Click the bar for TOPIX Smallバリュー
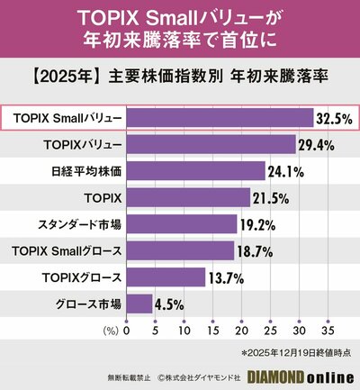[220, 118]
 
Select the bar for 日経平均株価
[195, 171]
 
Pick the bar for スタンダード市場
[181, 224]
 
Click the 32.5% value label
[334, 118]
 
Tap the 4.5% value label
[171, 304]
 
